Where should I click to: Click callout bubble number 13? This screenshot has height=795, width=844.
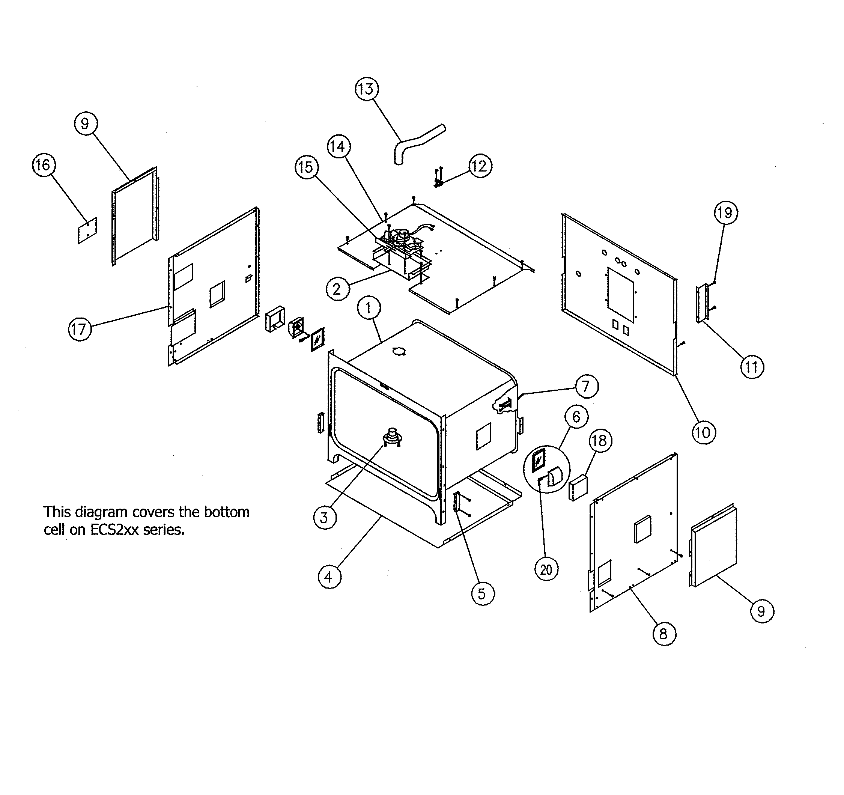pos(366,89)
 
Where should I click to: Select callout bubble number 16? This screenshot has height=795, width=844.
pos(44,165)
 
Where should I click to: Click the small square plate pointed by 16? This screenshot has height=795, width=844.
pos(87,230)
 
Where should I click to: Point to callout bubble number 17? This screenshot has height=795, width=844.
pos(80,329)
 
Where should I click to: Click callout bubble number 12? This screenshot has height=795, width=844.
pos(480,166)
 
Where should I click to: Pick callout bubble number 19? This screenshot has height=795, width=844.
pos(725,212)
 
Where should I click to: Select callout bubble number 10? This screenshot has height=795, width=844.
pos(704,433)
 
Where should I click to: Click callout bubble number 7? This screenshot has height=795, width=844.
pos(586,387)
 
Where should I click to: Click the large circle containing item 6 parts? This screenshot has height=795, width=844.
pos(547,469)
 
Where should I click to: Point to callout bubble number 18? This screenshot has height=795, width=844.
pos(600,440)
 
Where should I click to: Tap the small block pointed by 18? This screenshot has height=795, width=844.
pos(578,488)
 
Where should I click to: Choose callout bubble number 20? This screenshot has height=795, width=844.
pos(546,569)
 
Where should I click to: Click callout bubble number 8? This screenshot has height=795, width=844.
pos(663,634)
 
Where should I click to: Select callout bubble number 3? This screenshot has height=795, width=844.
pos(325,518)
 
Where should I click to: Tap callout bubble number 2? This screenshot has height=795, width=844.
pos(337,289)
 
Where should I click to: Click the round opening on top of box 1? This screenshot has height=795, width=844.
pos(398,351)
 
